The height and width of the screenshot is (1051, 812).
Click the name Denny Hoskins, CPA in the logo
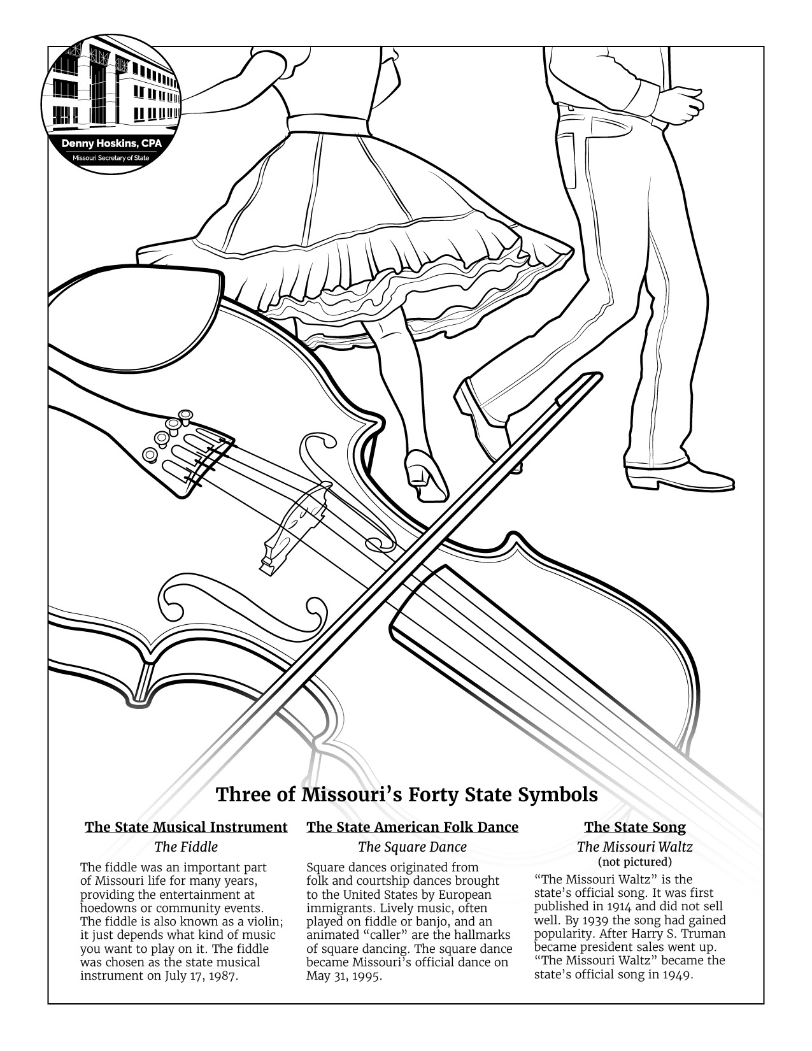point(111,144)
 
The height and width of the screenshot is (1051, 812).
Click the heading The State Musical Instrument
point(186,827)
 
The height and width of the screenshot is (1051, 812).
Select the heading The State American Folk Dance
point(412,827)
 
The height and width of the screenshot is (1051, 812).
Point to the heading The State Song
point(634,827)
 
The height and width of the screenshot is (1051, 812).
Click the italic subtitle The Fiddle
point(186,847)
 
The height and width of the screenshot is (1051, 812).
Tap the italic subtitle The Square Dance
point(412,847)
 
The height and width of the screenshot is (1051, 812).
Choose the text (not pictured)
point(634,862)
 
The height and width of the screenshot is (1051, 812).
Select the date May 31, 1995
point(344,976)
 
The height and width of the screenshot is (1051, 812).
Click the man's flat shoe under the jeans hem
point(678,476)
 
